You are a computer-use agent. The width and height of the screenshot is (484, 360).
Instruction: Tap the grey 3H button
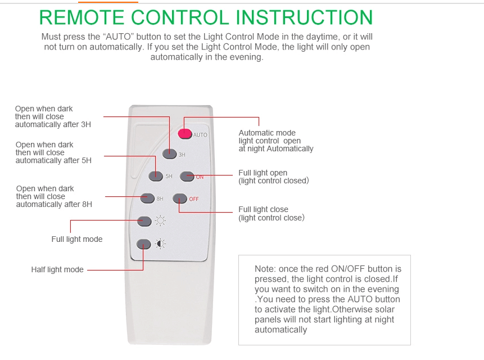(169, 153)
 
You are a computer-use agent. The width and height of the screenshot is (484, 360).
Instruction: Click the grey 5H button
(156, 176)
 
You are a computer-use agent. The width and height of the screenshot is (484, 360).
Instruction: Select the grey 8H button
(147, 198)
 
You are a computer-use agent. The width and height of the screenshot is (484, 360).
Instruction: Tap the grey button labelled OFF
(179, 198)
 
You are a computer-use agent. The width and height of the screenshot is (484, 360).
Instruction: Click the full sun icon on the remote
(160, 220)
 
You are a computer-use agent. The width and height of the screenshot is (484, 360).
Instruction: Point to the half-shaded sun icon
(160, 244)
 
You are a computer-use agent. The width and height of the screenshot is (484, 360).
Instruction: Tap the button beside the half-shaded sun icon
(144, 244)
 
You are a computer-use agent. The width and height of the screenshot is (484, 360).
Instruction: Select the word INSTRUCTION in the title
(304, 17)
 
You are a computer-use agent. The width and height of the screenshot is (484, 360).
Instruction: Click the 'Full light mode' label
(77, 239)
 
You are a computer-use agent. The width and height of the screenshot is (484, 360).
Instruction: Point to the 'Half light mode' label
(57, 269)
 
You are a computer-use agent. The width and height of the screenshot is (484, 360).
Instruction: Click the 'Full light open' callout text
(263, 173)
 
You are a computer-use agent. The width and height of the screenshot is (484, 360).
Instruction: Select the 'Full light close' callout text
(263, 210)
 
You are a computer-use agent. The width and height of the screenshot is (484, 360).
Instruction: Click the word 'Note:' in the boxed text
(265, 269)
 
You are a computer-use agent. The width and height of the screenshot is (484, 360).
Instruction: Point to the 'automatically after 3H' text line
(53, 124)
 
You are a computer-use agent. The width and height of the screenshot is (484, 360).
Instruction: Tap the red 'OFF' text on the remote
(194, 199)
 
